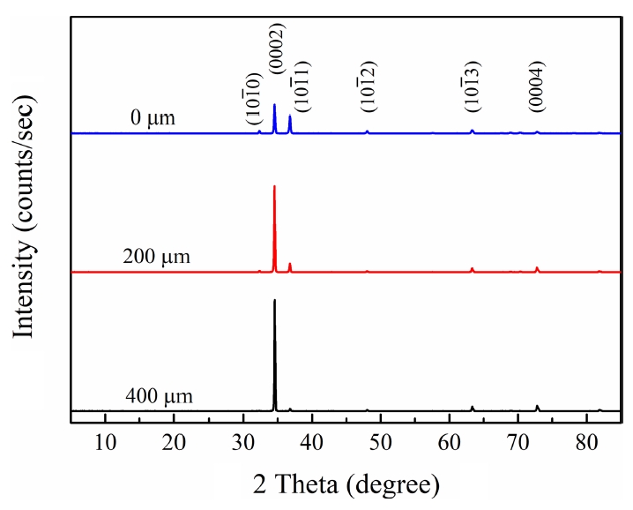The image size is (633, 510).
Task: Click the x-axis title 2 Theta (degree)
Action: pos(344,484)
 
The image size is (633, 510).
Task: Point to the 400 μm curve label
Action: pos(160,396)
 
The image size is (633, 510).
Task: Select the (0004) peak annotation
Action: pos(537,86)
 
